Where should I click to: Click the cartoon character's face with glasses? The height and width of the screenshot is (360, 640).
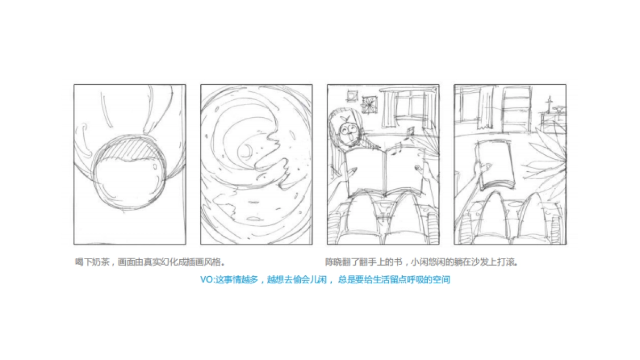[349, 130]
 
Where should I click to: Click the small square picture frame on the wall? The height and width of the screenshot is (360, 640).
[351, 95]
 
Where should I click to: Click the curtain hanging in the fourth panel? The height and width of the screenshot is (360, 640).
[484, 109]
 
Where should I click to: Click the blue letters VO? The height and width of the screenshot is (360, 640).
[206, 279]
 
